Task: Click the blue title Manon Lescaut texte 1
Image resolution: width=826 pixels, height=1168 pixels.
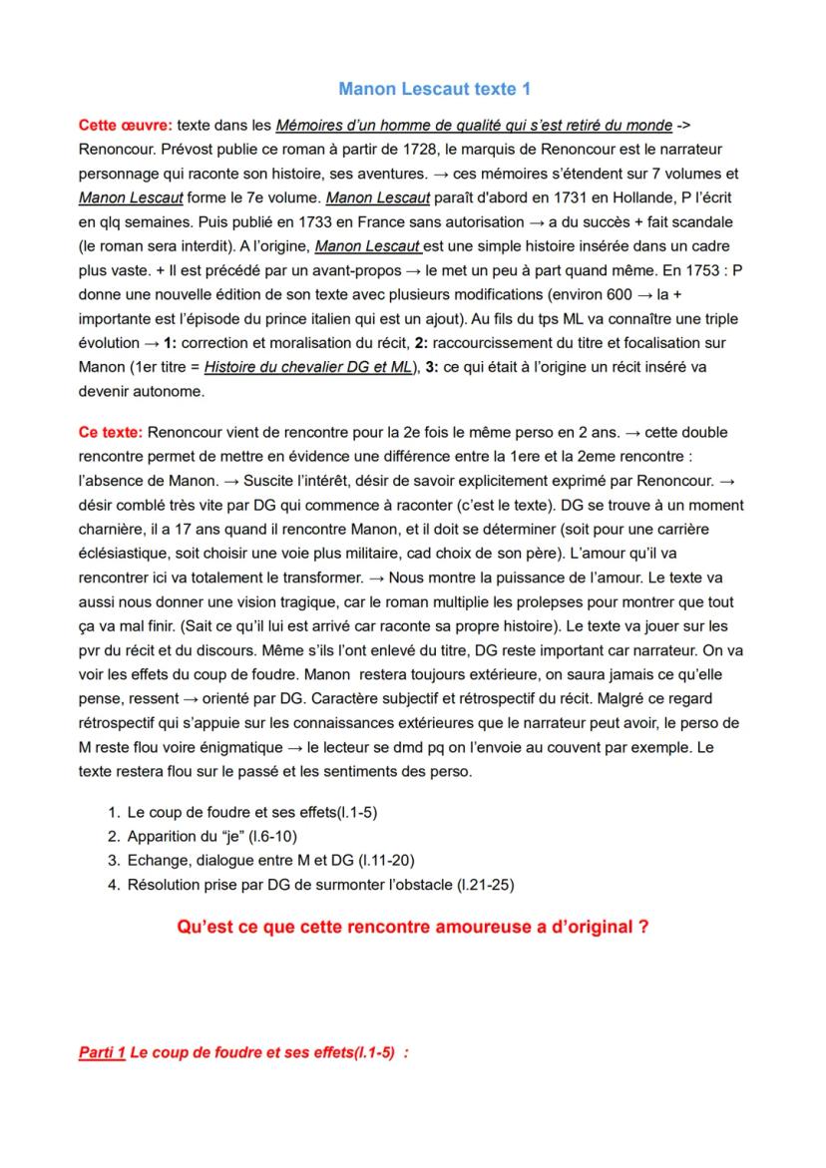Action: click(434, 89)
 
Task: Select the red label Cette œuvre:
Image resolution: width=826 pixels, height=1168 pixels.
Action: click(125, 126)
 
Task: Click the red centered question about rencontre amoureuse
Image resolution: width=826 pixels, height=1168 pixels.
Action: click(413, 927)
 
